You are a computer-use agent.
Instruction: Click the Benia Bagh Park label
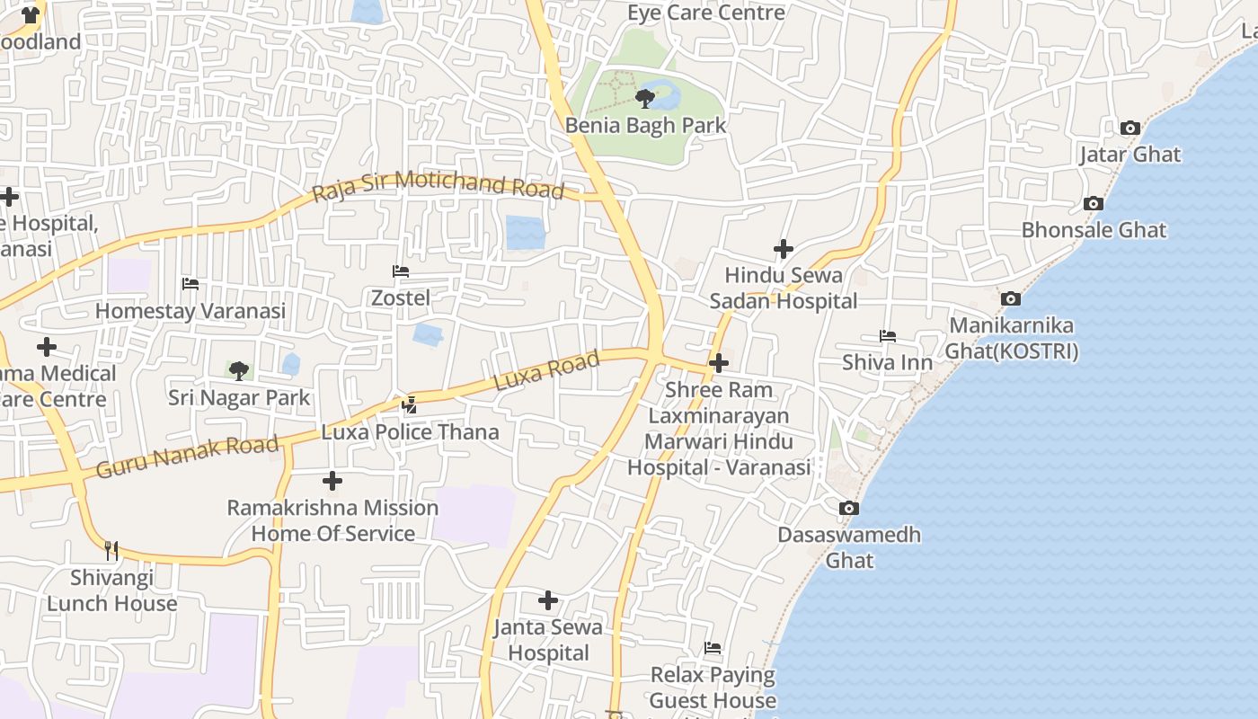point(645,125)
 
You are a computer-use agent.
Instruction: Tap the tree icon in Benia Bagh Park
point(644,98)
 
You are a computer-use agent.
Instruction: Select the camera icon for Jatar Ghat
point(1130,129)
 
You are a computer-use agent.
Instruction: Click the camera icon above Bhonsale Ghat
point(1094,204)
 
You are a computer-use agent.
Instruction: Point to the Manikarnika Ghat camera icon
point(1011,298)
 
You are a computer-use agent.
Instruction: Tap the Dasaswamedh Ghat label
point(849,547)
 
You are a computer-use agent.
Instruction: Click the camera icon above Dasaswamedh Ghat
point(848,509)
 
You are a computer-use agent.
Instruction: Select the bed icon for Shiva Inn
point(888,336)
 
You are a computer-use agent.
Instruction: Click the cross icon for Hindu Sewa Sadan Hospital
point(784,249)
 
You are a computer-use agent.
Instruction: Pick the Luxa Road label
point(546,371)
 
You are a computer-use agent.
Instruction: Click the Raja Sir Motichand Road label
point(438,185)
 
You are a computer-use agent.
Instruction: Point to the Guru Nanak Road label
point(187,457)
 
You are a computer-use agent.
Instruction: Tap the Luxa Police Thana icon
point(410,405)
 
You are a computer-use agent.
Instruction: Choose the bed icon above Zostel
point(401,271)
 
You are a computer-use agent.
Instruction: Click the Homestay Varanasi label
point(190,311)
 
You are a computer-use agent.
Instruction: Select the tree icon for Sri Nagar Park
point(239,370)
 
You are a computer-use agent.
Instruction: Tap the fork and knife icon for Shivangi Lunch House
point(111,550)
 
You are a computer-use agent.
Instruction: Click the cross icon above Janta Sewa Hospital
point(548,600)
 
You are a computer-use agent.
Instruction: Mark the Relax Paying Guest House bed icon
point(713,648)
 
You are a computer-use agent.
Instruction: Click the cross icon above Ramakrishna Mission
point(332,481)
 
